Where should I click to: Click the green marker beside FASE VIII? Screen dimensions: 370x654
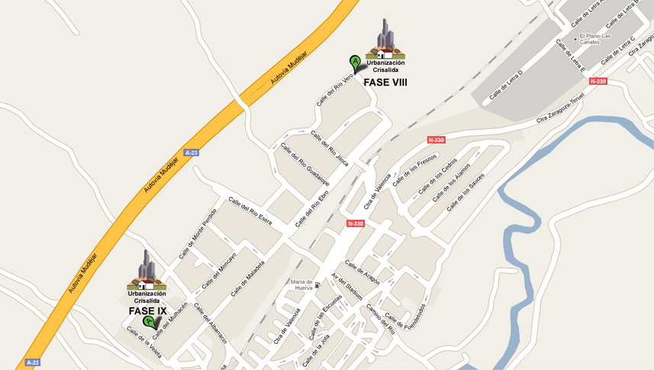355,62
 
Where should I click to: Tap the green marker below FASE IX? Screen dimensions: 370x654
150,323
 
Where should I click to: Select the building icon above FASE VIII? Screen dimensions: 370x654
385,39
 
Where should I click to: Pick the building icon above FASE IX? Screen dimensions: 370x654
147,270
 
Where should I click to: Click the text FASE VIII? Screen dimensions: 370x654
385,83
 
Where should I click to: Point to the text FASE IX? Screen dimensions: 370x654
147,311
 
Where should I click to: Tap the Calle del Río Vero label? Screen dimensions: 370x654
334,89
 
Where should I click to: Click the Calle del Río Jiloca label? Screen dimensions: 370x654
330,148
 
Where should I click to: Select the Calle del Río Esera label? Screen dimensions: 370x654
250,211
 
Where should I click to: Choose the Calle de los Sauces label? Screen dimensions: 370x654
466,192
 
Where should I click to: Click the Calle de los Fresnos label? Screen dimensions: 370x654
414,170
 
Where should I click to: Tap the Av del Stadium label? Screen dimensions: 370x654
346,287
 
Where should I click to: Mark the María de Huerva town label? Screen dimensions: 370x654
302,284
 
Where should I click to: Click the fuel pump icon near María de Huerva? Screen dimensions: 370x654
317,284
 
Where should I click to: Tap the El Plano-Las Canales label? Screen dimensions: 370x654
595,38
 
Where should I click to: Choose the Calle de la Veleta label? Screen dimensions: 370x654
144,342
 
